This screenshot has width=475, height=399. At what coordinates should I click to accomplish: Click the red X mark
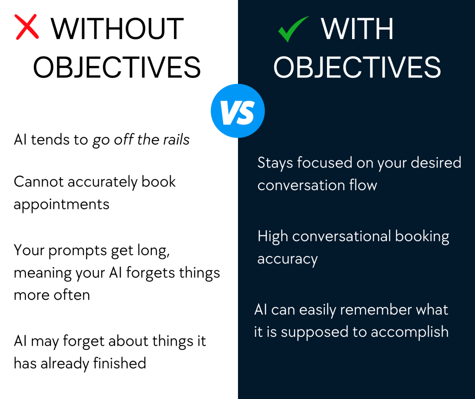pyautogui.click(x=26, y=26)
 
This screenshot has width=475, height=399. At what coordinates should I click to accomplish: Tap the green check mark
pyautogui.click(x=293, y=29)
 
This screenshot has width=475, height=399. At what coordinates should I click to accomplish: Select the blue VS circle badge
pyautogui.click(x=238, y=111)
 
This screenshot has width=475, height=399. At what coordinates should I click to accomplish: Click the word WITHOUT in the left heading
pyautogui.click(x=117, y=29)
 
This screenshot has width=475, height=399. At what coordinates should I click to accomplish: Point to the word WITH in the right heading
pyautogui.click(x=357, y=29)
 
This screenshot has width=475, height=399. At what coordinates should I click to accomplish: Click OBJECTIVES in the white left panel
pyautogui.click(x=117, y=67)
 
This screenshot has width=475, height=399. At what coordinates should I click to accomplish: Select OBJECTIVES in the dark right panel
pyautogui.click(x=357, y=67)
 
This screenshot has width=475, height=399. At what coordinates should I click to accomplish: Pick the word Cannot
pyautogui.click(x=39, y=182)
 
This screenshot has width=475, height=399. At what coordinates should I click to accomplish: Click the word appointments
pyautogui.click(x=62, y=205)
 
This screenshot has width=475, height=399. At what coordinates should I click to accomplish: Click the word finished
pyautogui.click(x=120, y=363)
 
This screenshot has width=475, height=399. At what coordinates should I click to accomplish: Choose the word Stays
pyautogui.click(x=276, y=163)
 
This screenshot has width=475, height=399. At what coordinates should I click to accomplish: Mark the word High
pyautogui.click(x=273, y=237)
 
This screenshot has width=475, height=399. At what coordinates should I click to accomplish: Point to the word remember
pyautogui.click(x=376, y=309)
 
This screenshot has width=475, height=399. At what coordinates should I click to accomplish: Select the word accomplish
pyautogui.click(x=410, y=332)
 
